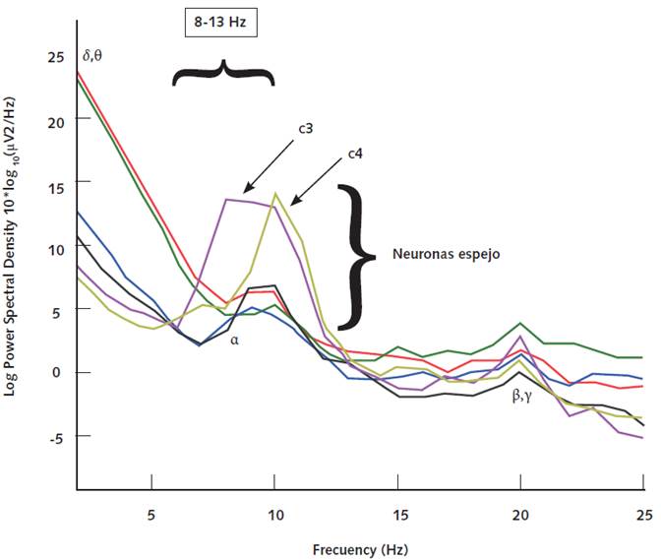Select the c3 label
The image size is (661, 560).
click(x=306, y=129)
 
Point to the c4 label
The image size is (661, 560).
click(x=356, y=155)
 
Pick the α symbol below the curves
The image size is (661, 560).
click(x=235, y=340)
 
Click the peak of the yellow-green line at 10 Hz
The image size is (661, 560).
click(x=275, y=194)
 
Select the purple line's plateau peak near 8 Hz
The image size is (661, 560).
click(x=227, y=200)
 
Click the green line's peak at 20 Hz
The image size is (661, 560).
click(x=520, y=323)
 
